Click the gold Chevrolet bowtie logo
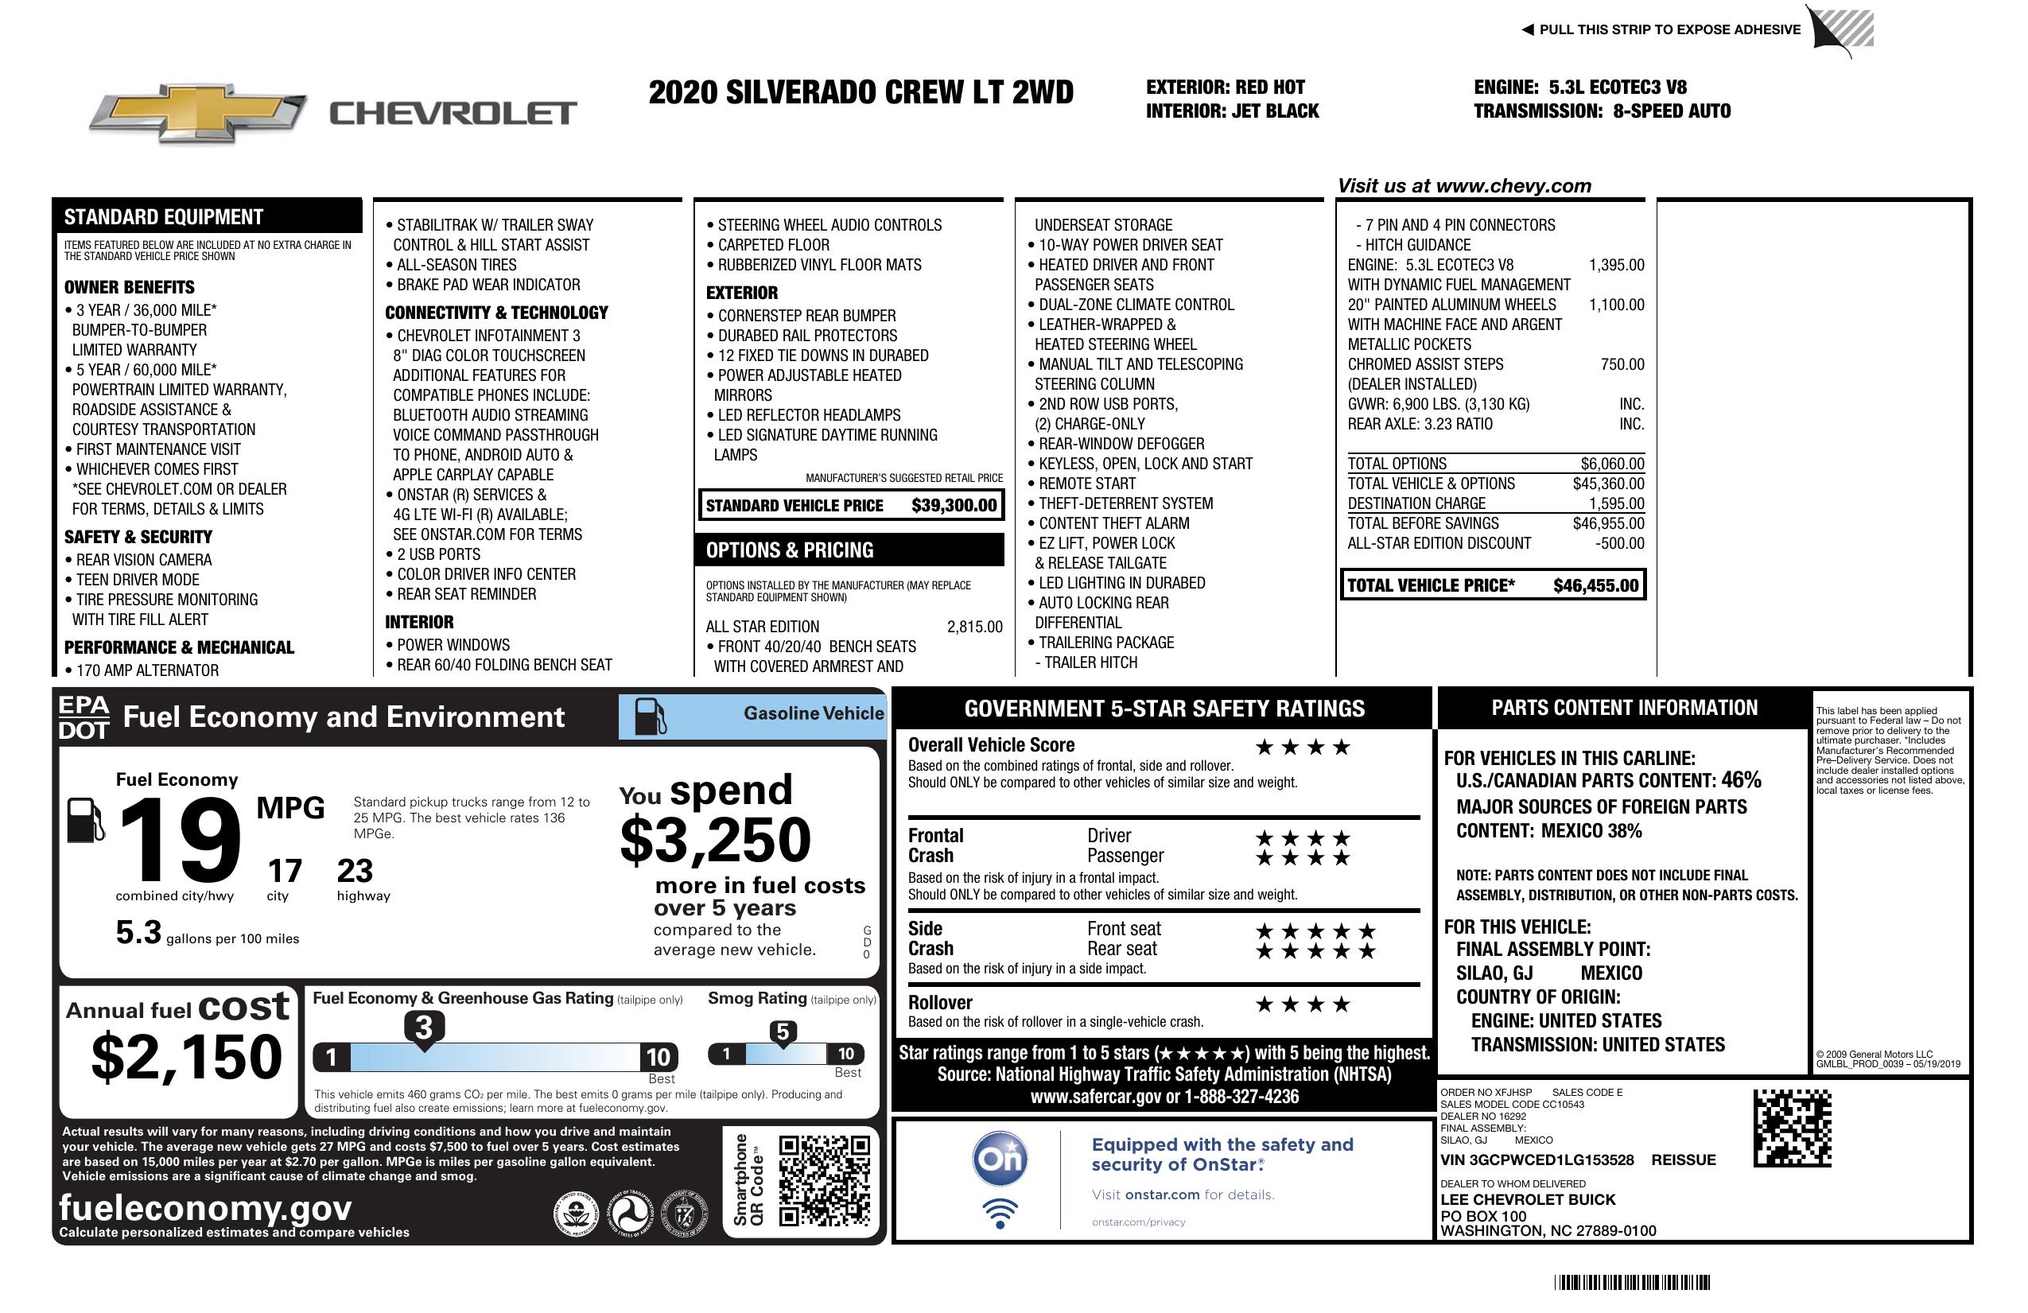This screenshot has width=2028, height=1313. click(x=198, y=113)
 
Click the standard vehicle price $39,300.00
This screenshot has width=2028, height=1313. click(x=954, y=505)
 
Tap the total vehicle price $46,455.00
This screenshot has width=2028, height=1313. click(x=1595, y=585)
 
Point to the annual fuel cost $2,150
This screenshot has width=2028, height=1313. click(x=186, y=1057)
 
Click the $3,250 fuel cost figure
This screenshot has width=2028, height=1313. click(x=715, y=840)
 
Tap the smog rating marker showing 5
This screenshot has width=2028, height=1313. click(x=783, y=1031)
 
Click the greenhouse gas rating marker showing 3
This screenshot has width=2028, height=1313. click(x=423, y=1027)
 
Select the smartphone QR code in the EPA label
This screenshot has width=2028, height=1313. click(x=824, y=1179)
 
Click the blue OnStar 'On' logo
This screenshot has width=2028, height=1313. click(x=1000, y=1159)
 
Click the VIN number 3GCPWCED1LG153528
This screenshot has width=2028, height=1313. click(x=1537, y=1160)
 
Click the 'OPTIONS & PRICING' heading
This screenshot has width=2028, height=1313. click(x=789, y=550)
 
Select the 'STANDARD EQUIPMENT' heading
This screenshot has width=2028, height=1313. click(x=164, y=216)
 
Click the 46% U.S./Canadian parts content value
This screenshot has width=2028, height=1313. click(x=1741, y=779)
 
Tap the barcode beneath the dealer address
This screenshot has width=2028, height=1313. click(x=1631, y=1282)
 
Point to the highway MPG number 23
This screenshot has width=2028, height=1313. click(x=355, y=871)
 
